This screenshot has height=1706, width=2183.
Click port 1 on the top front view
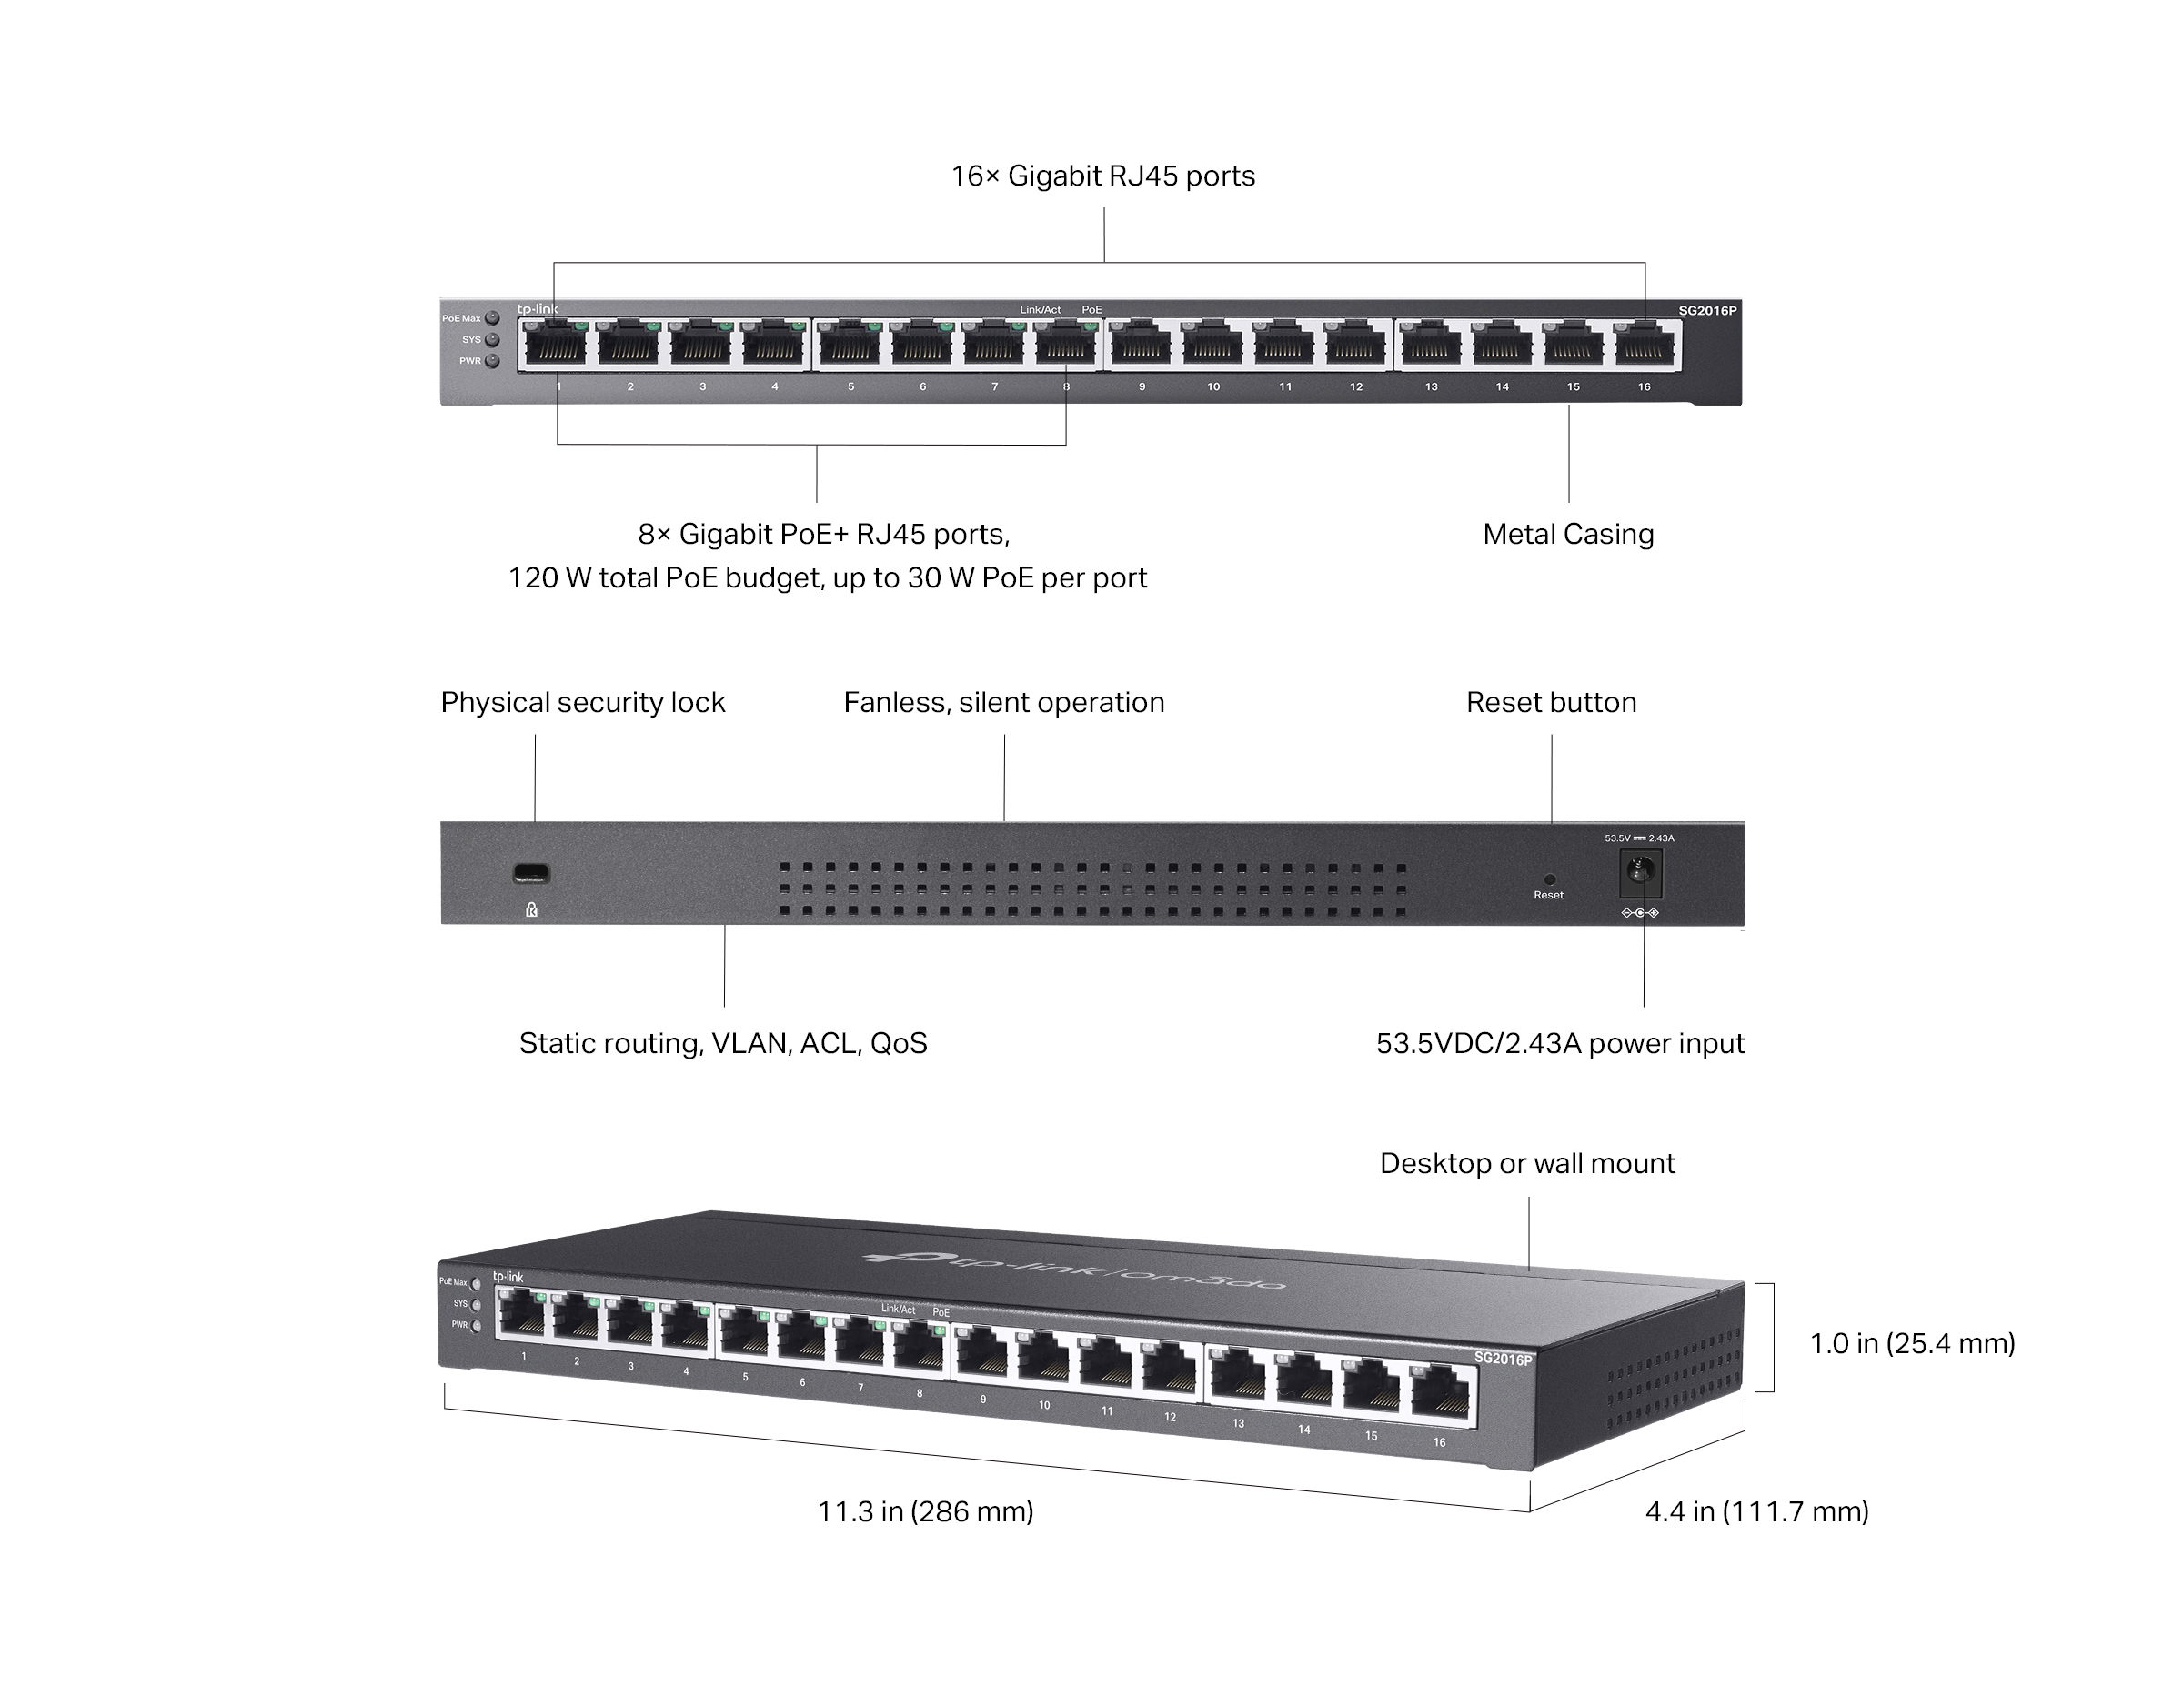pos(556,346)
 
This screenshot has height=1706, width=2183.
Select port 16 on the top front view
pos(1645,346)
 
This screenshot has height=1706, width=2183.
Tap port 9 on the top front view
pos(1141,346)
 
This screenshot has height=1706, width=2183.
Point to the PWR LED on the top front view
pos(492,361)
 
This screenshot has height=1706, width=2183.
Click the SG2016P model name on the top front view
pos(1707,311)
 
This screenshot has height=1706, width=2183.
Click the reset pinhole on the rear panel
pos(1549,879)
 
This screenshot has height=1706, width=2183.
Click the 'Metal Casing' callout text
pos(1567,534)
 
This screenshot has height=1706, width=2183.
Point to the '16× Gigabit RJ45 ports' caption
pos(1102,176)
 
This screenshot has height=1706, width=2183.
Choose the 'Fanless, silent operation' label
pos(1003,703)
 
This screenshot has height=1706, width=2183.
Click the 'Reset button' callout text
pos(1550,703)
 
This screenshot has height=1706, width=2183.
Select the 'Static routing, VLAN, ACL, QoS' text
pos(723,1043)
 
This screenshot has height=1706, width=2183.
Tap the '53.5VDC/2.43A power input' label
pos(1559,1043)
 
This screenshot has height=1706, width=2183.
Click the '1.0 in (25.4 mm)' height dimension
pos(1911,1343)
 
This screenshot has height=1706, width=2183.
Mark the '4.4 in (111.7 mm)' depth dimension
pos(1756,1511)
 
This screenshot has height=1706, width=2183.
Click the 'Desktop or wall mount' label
pos(1526,1163)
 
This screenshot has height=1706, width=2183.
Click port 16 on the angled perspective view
pos(1444,1395)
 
